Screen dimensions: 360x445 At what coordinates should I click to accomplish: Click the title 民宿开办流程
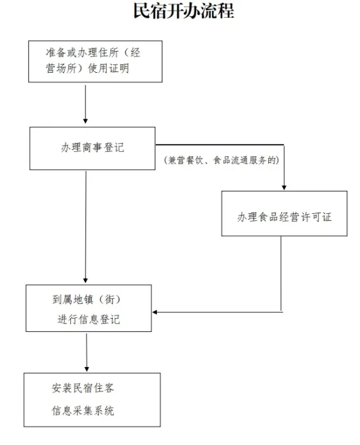pos(184,11)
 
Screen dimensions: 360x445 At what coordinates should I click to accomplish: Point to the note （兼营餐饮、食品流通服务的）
pos(221,160)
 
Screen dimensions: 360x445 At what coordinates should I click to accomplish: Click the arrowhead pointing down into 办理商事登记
pos(86,121)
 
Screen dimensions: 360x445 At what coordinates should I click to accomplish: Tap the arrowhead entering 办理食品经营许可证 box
pos(284,187)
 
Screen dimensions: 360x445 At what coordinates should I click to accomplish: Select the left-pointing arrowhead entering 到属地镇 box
pos(155,312)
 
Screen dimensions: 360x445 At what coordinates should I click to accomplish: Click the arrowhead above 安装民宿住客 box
pos(87,368)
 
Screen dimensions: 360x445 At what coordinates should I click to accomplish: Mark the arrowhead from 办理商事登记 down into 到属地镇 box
pos(86,280)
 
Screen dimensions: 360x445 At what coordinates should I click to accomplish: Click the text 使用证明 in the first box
pos(109,68)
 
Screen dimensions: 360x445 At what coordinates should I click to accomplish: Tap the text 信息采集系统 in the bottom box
pos(83,411)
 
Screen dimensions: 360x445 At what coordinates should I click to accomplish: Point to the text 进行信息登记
pos(89,320)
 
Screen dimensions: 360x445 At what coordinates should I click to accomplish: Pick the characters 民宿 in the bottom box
pos(82,388)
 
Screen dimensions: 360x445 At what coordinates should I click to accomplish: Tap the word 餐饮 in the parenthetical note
pos(195,160)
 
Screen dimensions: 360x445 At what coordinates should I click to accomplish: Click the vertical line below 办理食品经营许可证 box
pos(281,274)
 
